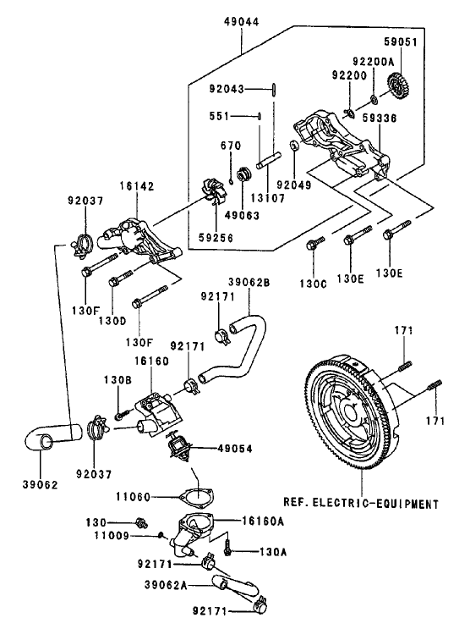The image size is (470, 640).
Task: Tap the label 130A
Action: point(252,551)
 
